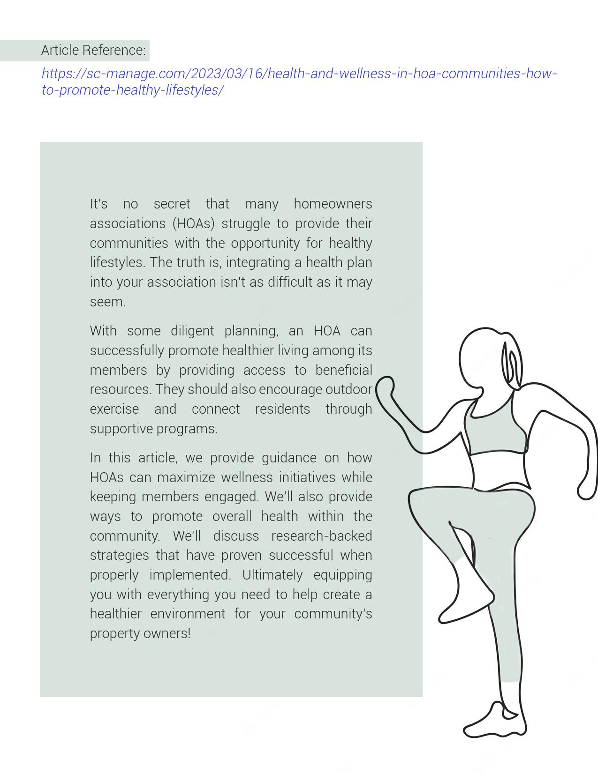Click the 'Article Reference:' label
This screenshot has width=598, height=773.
click(x=93, y=50)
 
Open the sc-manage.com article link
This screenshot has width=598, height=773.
click(x=299, y=74)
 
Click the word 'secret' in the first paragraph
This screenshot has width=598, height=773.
click(x=172, y=204)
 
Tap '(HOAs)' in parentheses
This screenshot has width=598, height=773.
click(x=193, y=223)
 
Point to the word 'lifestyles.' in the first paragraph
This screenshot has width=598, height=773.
click(x=117, y=262)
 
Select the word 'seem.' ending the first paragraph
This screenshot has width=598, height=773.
click(x=107, y=302)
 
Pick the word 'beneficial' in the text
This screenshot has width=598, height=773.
click(x=343, y=370)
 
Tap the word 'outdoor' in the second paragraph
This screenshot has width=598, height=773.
click(x=348, y=389)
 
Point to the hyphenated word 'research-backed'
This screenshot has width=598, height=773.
click(x=321, y=536)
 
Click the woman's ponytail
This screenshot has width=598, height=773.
click(x=511, y=365)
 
